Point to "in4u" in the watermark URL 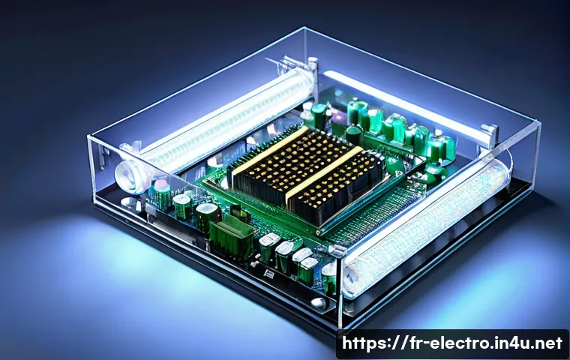(x=512, y=343)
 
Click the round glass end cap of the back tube (x=129, y=177)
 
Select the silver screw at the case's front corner (x=319, y=302)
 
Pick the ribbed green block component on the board (x=232, y=235)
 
